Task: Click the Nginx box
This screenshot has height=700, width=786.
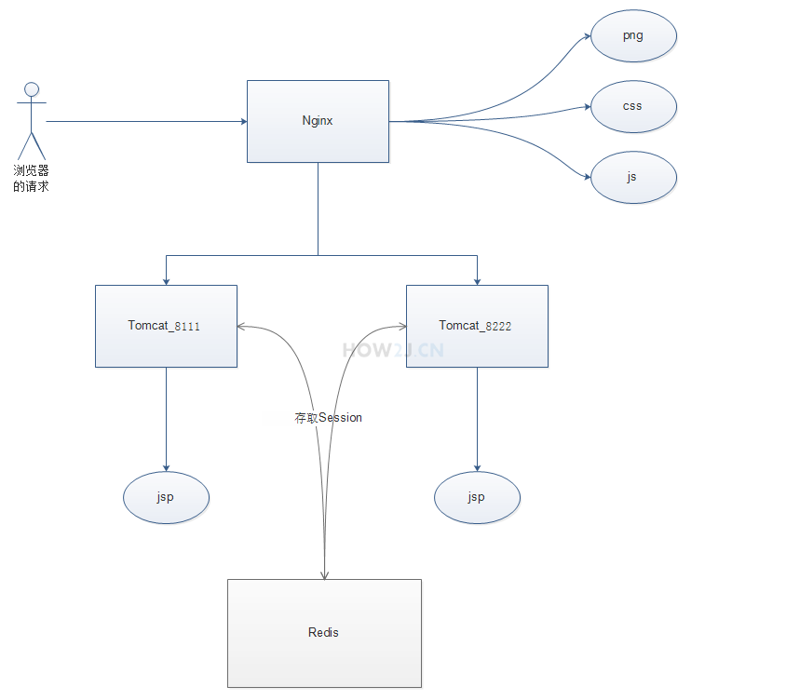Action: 318,121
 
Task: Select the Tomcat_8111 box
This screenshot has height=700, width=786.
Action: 166,326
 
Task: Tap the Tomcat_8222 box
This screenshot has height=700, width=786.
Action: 477,326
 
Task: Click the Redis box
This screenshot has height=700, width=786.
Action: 324,633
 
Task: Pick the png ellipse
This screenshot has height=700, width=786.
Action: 633,36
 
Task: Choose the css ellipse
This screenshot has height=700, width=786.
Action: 633,106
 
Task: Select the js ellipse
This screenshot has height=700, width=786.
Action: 633,176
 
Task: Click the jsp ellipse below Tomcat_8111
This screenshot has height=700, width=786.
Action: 166,497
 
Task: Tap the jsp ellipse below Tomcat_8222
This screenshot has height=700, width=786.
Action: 477,497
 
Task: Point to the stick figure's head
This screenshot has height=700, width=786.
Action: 32,89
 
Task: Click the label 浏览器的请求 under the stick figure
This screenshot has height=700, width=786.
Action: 31,179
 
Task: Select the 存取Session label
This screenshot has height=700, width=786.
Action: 328,418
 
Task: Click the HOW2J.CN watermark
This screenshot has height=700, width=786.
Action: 393,351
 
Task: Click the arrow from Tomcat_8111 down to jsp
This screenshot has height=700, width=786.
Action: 166,419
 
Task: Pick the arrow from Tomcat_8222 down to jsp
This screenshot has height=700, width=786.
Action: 477,419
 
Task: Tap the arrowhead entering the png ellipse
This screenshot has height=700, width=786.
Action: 587,37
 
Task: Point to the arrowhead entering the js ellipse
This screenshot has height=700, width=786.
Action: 587,175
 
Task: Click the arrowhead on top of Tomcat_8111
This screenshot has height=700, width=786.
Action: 166,279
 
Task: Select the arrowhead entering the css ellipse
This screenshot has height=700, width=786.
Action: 587,107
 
